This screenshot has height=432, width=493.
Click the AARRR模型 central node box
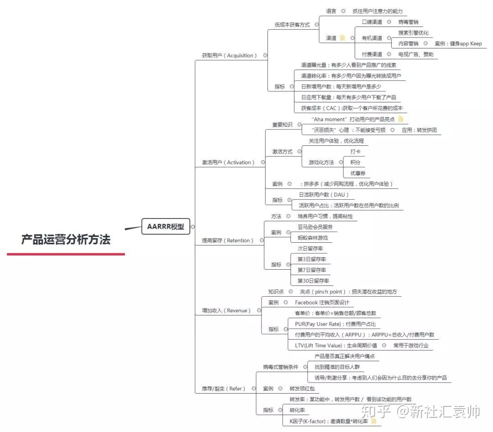click(165, 226)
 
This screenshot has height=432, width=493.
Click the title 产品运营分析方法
click(66, 240)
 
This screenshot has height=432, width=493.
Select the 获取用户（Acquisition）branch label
click(230, 55)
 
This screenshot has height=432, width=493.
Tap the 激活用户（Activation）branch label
click(228, 162)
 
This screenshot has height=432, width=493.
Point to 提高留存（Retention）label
click(228, 240)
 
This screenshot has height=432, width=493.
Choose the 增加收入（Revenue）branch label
click(226, 310)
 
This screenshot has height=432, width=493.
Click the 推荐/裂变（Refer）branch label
click(224, 389)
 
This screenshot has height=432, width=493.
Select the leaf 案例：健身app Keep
click(458, 44)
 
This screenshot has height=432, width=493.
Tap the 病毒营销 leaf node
click(408, 22)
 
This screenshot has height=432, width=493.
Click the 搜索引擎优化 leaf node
click(413, 33)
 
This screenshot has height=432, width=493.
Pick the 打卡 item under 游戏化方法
click(355, 151)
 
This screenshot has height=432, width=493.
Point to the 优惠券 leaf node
click(357, 173)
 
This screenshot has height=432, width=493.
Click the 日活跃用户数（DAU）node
click(324, 195)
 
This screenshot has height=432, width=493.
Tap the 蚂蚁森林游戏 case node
click(312, 238)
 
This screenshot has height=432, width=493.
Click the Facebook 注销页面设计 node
click(322, 303)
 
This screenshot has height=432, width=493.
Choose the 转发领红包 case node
click(302, 389)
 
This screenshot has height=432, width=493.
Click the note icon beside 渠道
click(342, 38)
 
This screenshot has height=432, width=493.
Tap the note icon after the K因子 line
click(374, 421)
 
